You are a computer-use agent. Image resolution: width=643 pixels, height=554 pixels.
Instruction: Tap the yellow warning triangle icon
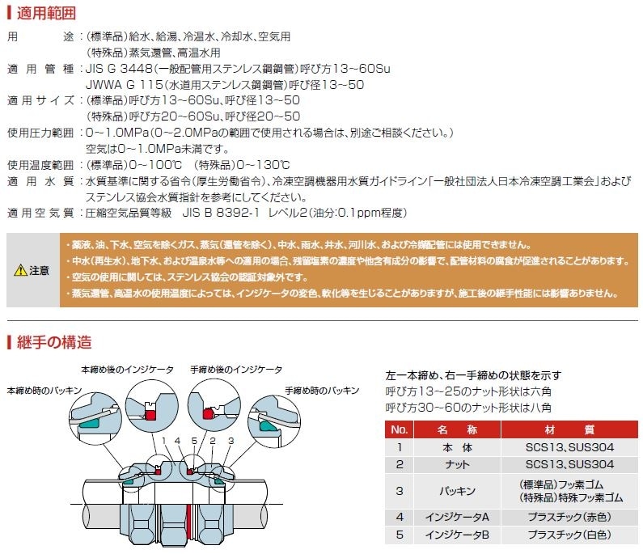[19, 271]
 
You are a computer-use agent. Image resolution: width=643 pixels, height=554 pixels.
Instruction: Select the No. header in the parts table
[399, 429]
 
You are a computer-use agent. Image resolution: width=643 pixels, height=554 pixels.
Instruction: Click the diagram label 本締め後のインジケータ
[127, 370]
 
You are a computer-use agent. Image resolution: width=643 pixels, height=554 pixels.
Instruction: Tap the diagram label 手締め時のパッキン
[321, 390]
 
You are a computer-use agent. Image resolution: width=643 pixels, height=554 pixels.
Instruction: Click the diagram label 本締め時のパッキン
[44, 390]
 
